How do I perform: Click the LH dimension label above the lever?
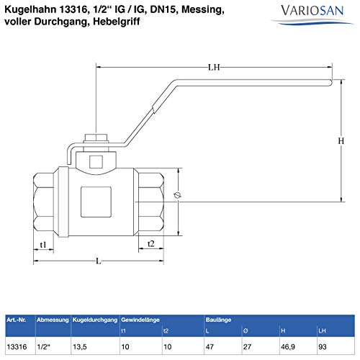pos(214,68)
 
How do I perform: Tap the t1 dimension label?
pos(42,245)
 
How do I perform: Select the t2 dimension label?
pos(150,244)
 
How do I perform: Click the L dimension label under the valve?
pos(97,261)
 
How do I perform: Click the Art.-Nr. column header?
pos(17,318)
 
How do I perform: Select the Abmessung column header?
pos(53,318)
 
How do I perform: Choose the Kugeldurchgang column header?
pos(95,318)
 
